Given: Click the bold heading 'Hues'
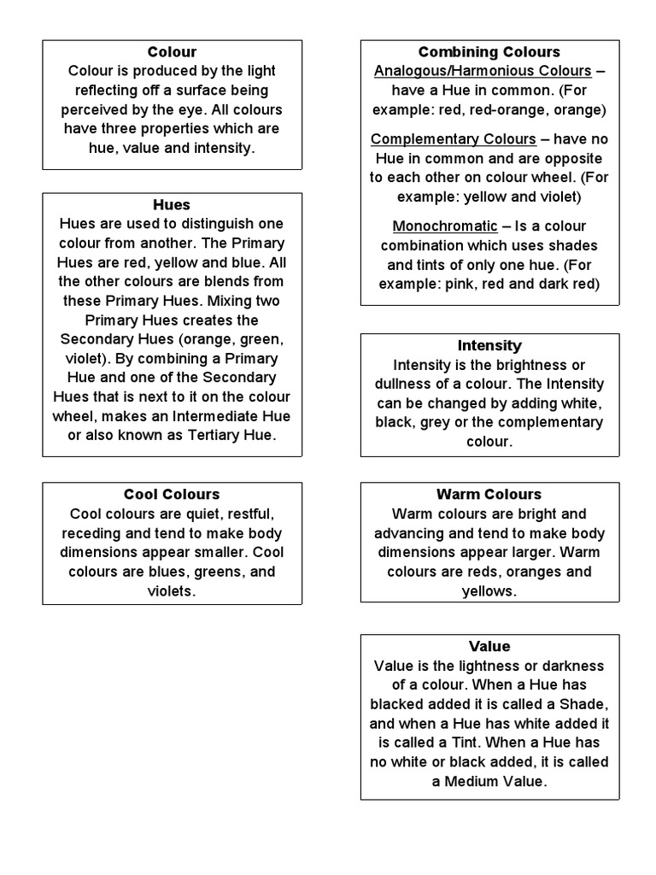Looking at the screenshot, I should pos(172,205).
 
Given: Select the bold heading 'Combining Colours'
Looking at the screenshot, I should pos(489,52).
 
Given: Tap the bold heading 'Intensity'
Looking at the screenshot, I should pos(489,346).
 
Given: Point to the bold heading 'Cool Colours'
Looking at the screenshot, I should pos(172,495).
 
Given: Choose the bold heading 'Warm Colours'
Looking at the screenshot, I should pos(489,495).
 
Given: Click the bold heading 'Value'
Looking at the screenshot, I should pos(489,647).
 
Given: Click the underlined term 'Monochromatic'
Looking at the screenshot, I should pos(444,226).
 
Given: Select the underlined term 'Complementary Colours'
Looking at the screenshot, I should pos(454,139).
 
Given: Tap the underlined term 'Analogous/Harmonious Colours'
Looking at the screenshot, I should pos(483,71).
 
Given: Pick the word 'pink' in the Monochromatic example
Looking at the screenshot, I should pos(463,284).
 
